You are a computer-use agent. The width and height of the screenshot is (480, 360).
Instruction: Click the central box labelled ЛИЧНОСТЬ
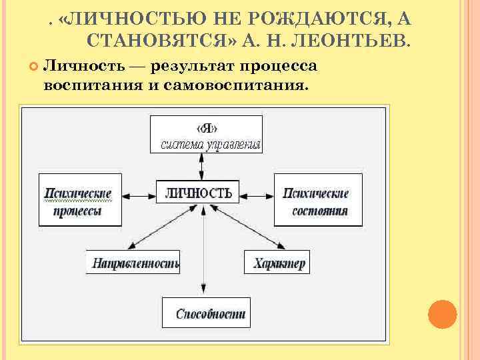197,193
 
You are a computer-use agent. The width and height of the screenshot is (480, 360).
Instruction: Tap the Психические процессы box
79,200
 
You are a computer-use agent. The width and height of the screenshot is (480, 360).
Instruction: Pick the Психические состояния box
318,200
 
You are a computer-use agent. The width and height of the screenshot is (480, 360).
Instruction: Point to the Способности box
206,313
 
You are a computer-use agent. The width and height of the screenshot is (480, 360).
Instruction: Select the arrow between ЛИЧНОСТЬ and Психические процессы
139,194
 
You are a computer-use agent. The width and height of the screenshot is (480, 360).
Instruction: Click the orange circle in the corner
442,314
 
